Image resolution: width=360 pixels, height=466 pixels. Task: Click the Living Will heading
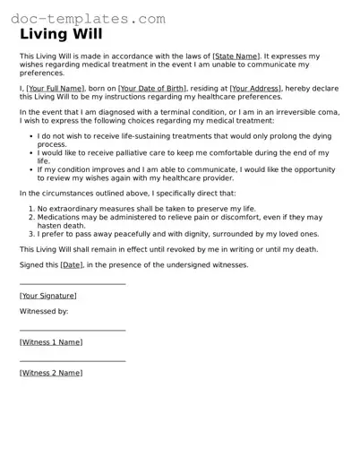pos(61,35)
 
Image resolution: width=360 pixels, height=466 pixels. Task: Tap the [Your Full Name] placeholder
pos(56,89)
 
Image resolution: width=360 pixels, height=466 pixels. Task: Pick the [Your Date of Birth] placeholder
pos(153,89)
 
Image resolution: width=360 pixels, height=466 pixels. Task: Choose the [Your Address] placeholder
pos(255,89)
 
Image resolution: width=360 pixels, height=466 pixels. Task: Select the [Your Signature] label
pos(48,296)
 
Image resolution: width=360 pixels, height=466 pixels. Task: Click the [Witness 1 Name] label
pos(51,342)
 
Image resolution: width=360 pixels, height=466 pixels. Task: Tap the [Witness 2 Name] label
pos(51,373)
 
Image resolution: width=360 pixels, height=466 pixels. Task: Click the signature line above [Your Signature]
pos(73,284)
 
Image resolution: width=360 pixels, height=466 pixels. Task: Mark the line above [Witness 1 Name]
pos(73,331)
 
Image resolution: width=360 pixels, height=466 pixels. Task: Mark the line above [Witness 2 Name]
pos(73,361)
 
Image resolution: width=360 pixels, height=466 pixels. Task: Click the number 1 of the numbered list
pos(30,208)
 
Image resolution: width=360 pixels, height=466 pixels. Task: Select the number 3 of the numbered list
pos(30,232)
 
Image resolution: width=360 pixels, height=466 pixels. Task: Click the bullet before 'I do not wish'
pos(30,136)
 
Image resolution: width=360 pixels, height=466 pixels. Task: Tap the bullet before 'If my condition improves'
pos(30,168)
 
